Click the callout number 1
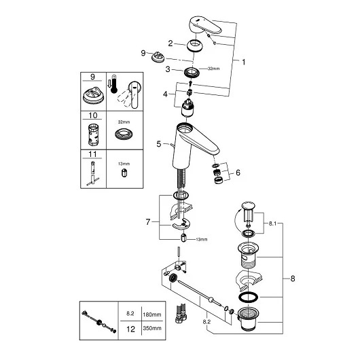click(244, 62)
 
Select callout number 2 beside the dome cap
click(170, 43)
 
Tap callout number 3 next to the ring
click(168, 69)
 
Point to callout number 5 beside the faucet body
click(159, 144)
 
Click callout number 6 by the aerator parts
click(238, 173)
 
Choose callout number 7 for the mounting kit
click(148, 222)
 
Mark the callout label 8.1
click(272, 223)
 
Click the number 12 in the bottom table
click(130, 329)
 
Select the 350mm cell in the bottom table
click(152, 328)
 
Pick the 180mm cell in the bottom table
click(152, 314)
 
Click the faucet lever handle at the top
click(206, 26)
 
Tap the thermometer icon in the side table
click(113, 84)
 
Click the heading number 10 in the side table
click(93, 115)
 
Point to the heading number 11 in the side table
click(93, 154)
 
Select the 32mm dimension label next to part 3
click(213, 69)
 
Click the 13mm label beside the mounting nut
click(201, 239)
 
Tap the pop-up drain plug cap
click(248, 205)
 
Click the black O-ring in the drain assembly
click(248, 297)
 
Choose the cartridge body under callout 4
click(188, 108)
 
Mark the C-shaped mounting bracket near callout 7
click(181, 224)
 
